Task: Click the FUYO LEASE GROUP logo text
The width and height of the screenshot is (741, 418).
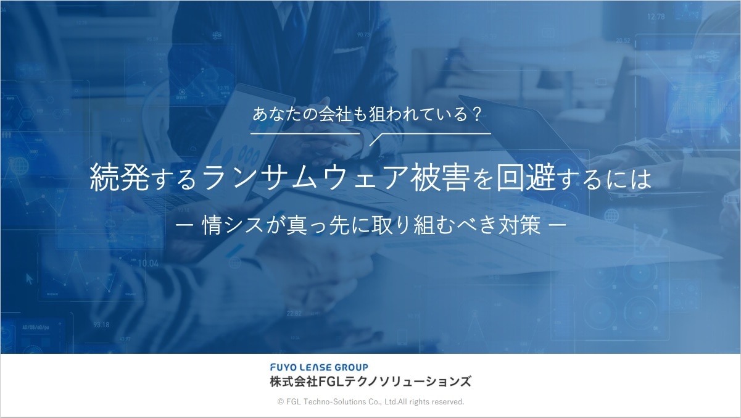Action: point(319,367)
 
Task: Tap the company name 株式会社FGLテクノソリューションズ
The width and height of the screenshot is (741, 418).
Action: point(370,382)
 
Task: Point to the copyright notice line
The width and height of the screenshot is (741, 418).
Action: point(370,402)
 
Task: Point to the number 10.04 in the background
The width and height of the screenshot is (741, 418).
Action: point(148,264)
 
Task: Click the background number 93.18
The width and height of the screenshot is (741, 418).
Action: point(101,325)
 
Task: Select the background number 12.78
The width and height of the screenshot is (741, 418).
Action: point(656,16)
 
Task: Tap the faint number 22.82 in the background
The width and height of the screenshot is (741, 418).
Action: point(294,313)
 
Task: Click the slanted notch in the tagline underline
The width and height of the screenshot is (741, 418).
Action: point(376,140)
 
